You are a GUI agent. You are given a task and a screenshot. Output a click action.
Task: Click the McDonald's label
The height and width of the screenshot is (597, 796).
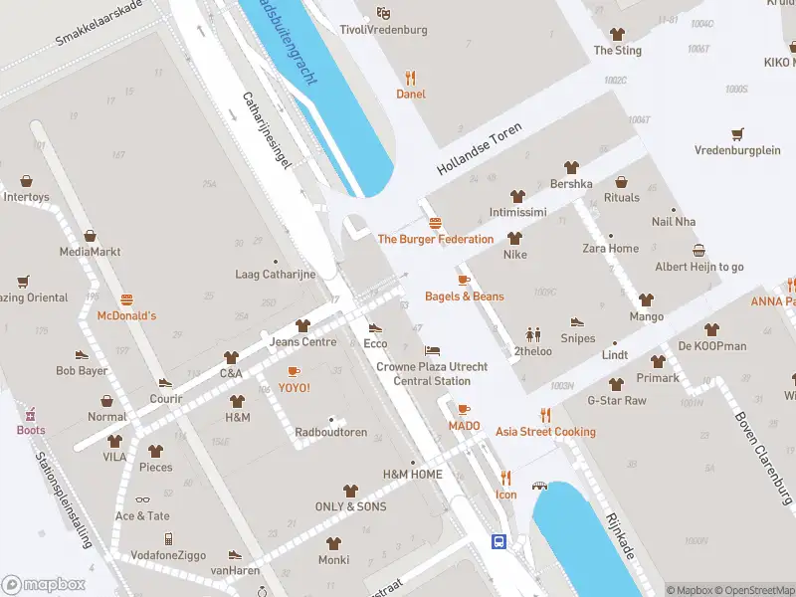(126, 315)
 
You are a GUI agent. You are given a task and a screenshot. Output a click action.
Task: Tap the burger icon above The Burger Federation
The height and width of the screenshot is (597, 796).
(435, 223)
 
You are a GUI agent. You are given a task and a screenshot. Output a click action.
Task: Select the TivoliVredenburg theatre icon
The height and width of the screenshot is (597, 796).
(383, 13)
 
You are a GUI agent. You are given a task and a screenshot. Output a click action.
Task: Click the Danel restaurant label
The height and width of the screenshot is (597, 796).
(410, 95)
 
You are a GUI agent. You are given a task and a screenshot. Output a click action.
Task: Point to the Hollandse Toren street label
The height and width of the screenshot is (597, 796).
(480, 151)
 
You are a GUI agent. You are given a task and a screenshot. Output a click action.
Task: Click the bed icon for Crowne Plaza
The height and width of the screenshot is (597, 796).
(431, 350)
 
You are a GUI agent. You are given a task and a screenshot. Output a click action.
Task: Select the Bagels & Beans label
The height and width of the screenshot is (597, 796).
(464, 297)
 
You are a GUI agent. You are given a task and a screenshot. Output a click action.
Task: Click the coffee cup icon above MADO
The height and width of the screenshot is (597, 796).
(464, 409)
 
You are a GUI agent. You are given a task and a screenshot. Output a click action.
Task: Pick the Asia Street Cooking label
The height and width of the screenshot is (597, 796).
(545, 432)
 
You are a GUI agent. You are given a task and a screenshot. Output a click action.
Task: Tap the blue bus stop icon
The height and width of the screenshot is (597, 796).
(498, 541)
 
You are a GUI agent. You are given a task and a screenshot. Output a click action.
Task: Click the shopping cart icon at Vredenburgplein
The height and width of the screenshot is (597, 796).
(737, 134)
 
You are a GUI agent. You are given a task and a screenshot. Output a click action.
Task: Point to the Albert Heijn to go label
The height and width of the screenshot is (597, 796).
(698, 267)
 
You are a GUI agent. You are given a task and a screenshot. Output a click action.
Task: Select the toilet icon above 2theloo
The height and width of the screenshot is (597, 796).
(533, 334)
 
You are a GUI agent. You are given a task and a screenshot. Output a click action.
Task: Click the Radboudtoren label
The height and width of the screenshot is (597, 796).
(330, 433)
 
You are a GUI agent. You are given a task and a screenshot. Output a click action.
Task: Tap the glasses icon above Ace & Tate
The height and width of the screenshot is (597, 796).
(142, 500)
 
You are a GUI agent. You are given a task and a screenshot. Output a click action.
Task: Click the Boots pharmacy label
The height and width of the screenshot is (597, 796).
(30, 430)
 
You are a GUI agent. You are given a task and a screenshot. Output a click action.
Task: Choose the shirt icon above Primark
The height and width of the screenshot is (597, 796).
(658, 361)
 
